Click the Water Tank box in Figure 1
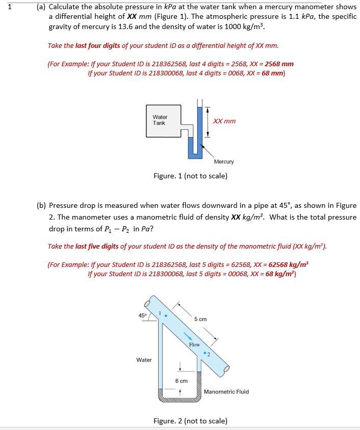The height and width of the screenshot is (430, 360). coord(163,120)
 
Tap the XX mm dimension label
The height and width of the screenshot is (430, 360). coord(224,121)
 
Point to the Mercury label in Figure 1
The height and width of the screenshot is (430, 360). coord(224,162)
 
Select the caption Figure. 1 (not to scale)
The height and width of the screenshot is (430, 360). coord(190,176)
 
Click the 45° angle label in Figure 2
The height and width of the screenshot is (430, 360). coord(143,315)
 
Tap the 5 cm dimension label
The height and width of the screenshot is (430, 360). coord(200,319)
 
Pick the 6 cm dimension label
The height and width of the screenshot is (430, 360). coord(181,381)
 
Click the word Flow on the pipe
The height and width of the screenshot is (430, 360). coord(194,345)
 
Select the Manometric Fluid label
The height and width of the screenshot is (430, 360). coord(226,392)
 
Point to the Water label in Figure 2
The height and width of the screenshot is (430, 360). coord(144,360)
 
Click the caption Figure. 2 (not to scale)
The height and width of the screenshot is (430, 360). coord(190,421)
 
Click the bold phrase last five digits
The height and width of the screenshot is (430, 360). coord(97,246)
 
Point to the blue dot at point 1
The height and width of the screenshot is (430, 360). coord(165,315)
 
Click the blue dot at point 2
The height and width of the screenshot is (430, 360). coord(204,352)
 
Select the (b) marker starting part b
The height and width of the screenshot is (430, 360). coord(41,205)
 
